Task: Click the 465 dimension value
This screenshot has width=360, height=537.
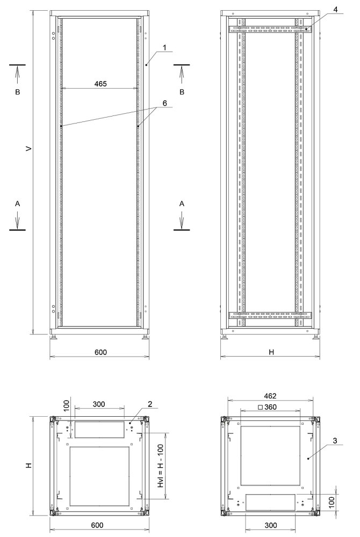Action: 100,84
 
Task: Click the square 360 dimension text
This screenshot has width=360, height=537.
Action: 267,408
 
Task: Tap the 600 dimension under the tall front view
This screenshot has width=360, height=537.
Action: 100,352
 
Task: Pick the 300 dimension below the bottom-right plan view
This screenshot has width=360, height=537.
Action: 270,525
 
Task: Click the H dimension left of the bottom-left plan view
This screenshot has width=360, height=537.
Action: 28,466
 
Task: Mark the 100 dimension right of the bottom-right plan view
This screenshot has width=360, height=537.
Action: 332,503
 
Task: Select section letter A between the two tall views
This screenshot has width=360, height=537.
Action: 182,204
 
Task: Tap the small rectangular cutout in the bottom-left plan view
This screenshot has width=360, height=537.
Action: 99,429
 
